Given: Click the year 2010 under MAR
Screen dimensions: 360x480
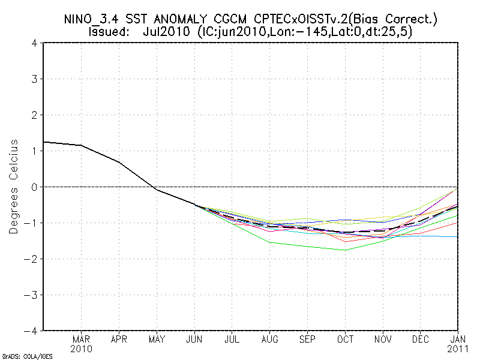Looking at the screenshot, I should click(x=81, y=349).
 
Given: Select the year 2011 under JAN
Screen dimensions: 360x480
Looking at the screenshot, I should click(x=458, y=349).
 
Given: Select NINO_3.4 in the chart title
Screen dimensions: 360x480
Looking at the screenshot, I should click(x=96, y=19).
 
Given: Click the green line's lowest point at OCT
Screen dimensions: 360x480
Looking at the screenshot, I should click(x=345, y=250).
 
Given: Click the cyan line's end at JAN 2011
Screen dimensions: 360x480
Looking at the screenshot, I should click(x=458, y=236).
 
